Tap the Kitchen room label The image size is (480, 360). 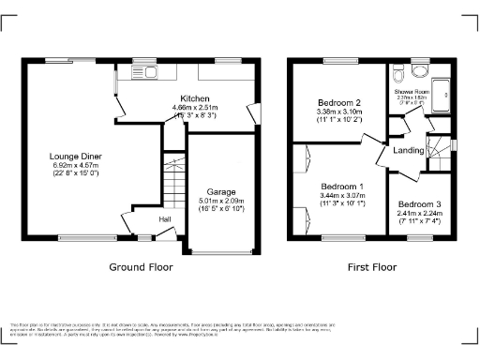[195, 98]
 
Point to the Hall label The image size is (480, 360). [164, 219]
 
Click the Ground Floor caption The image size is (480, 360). [141, 267]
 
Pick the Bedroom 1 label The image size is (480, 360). [340, 185]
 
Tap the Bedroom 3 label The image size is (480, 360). [416, 204]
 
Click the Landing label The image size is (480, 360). [409, 151]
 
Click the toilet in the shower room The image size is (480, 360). [399, 74]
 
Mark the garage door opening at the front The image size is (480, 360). [221, 251]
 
